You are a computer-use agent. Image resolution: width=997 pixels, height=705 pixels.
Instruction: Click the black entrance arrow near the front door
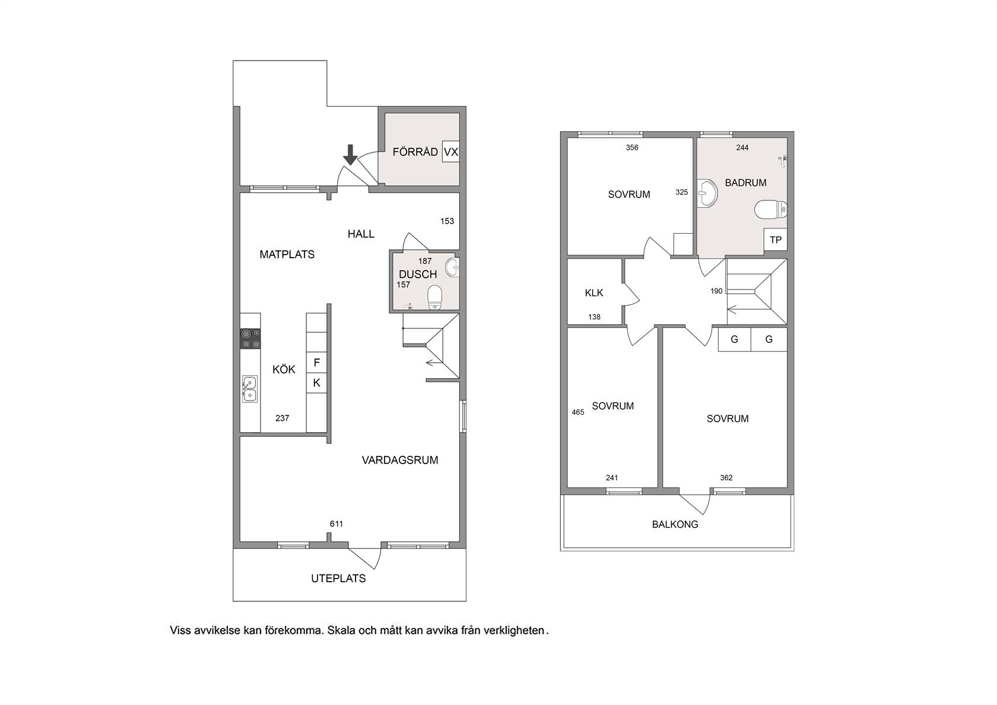[351, 154]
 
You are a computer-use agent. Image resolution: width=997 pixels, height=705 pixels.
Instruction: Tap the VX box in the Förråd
[450, 152]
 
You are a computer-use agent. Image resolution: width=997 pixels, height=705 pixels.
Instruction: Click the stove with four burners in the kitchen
[250, 338]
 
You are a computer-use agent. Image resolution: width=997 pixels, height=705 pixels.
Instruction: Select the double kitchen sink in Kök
[250, 389]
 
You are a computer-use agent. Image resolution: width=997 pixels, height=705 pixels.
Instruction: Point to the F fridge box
[317, 363]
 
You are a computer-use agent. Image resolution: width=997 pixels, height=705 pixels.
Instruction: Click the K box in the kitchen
[317, 383]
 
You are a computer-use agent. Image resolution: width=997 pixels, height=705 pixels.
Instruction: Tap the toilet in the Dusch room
[434, 297]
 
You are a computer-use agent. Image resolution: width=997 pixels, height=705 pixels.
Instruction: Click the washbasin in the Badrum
[707, 193]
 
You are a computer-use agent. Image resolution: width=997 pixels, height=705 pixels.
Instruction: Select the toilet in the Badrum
[771, 209]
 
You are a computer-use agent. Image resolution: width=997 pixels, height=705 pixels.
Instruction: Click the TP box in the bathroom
[775, 240]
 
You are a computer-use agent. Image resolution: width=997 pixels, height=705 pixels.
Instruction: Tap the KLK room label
[593, 293]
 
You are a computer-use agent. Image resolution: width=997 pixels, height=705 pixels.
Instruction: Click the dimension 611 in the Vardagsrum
[336, 524]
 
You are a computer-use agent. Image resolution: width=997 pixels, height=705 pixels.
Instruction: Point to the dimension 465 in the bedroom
[578, 412]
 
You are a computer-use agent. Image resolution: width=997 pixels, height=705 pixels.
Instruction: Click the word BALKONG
[675, 525]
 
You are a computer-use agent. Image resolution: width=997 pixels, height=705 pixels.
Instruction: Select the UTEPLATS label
[338, 578]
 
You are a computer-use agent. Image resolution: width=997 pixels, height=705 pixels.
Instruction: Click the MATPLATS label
[287, 254]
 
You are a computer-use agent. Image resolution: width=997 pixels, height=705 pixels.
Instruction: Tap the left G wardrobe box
[735, 339]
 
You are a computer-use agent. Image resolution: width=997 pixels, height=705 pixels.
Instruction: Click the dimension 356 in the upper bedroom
[632, 147]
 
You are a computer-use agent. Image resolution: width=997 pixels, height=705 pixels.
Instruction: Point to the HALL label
[361, 234]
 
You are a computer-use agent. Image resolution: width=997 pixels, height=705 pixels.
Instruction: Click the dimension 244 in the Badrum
[742, 147]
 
